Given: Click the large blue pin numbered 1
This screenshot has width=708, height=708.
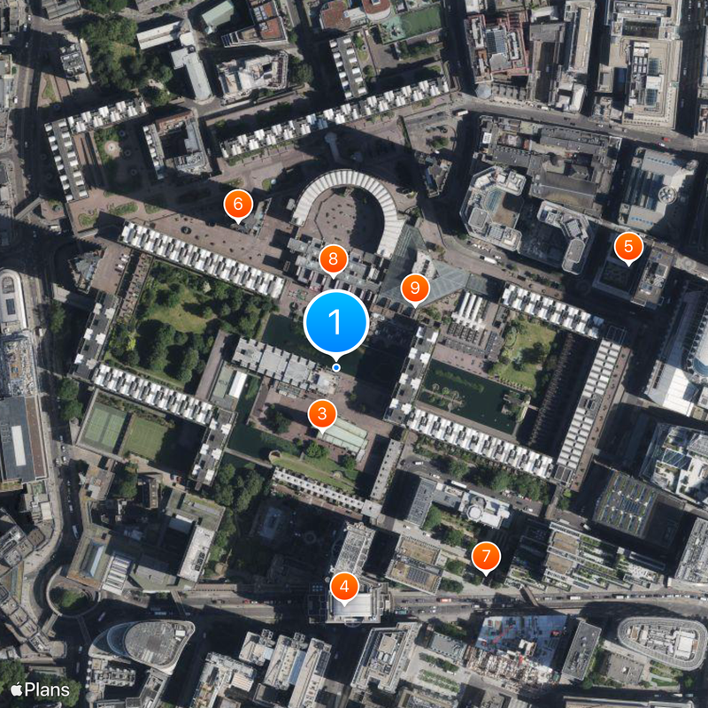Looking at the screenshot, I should [x=335, y=322].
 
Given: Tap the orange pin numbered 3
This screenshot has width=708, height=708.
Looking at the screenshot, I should [x=321, y=412].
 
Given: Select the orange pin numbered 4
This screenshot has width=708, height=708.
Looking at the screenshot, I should [x=344, y=585].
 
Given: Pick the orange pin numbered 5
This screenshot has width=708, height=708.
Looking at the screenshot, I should [x=628, y=245].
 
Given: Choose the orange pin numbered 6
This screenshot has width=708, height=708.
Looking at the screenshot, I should [x=236, y=204].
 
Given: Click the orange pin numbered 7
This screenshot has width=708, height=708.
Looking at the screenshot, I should [x=486, y=556].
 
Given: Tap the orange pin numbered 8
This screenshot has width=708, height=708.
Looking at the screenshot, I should [x=333, y=258].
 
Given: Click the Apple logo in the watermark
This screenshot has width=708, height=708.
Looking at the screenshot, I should [x=16, y=689].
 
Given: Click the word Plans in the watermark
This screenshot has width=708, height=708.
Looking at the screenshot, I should [x=46, y=689].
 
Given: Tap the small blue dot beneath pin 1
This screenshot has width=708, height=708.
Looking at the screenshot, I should [x=335, y=367].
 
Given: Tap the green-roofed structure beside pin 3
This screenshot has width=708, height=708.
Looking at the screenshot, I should [x=345, y=435].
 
